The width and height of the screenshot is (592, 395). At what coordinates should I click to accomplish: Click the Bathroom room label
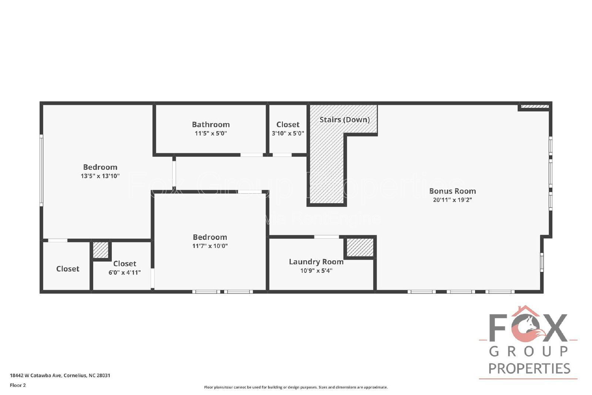(x=211, y=124)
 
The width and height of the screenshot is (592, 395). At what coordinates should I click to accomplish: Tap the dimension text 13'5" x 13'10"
(x=100, y=176)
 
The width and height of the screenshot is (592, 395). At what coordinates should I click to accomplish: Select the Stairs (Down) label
(x=344, y=120)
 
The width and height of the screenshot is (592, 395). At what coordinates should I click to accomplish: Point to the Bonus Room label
(x=452, y=191)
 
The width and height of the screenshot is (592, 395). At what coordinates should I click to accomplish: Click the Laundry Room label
(x=316, y=262)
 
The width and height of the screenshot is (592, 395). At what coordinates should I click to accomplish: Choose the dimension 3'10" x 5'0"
(x=288, y=133)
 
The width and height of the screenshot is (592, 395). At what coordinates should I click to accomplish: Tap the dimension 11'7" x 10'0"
(x=210, y=246)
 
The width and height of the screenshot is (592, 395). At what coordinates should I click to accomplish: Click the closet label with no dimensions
(x=68, y=269)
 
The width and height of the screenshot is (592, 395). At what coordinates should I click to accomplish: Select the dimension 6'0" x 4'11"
(x=124, y=272)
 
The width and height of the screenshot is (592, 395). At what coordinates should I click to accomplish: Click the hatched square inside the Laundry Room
(x=360, y=247)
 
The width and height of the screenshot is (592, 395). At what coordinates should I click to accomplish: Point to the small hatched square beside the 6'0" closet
(x=100, y=250)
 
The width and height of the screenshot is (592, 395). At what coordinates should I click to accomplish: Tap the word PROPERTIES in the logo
(x=529, y=368)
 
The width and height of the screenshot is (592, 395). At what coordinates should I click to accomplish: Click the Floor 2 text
(x=18, y=385)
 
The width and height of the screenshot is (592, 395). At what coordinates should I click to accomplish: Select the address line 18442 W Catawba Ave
(x=60, y=375)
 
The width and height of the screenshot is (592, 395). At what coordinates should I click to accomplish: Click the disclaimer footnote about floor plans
(x=296, y=387)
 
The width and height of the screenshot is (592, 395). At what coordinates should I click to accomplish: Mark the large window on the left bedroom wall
(x=41, y=170)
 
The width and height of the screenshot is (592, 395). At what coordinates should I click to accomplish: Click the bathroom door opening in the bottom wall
(x=252, y=155)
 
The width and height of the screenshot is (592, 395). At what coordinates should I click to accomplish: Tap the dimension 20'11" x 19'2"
(x=452, y=200)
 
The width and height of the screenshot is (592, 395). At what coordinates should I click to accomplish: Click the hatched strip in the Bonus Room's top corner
(x=535, y=107)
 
